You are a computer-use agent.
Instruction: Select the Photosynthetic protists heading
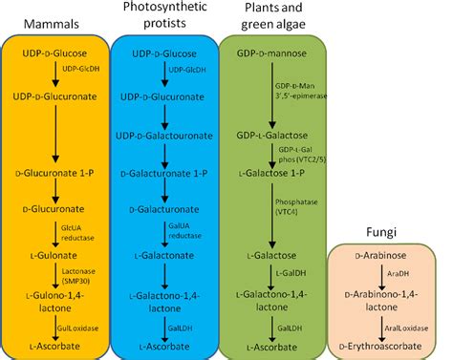click(x=163, y=16)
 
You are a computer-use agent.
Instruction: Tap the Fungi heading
click(x=390, y=233)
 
